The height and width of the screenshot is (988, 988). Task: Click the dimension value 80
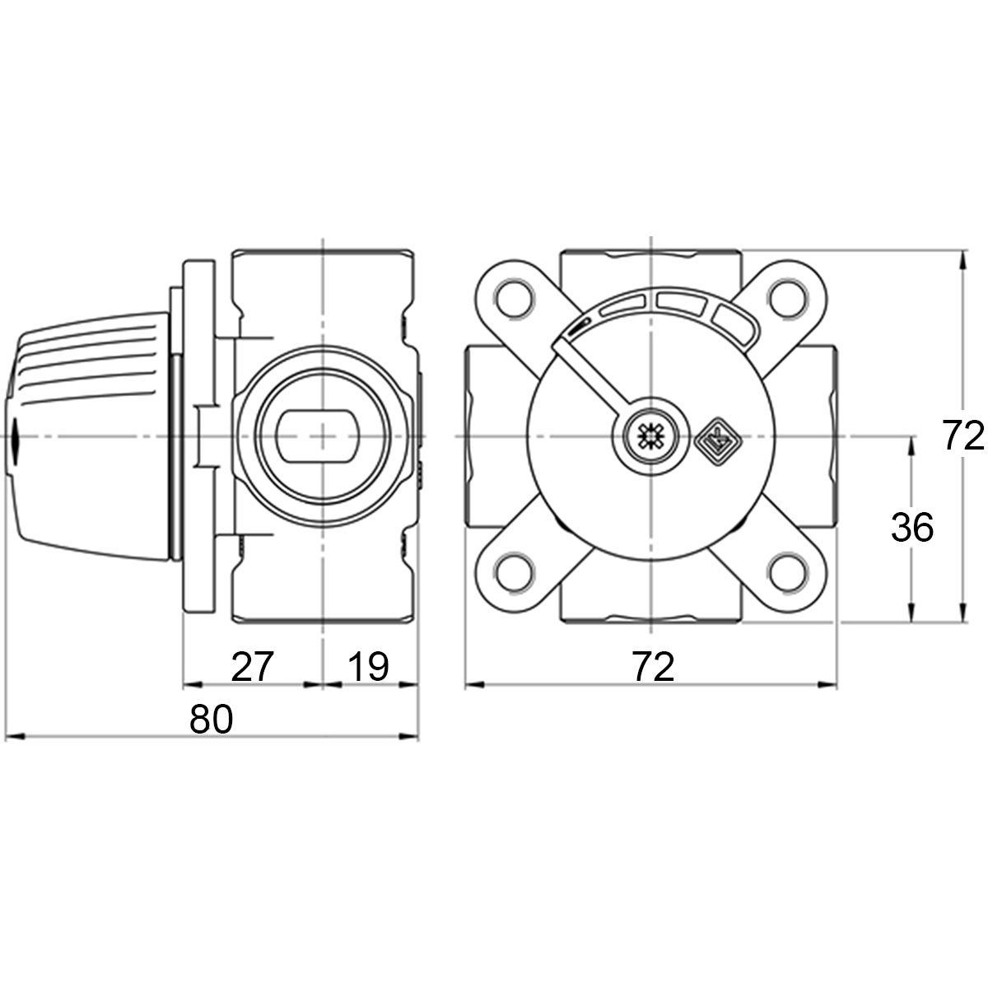pos(212,719)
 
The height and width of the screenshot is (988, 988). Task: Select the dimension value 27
pos(252,666)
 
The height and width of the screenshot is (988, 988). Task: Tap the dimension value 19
pos(368,666)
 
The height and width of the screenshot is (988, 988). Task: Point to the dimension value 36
pos(912,528)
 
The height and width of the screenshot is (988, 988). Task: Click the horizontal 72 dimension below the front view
pos(653,666)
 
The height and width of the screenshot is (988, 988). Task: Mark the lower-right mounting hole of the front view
pos(789,572)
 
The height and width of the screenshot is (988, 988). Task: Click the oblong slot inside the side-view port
pos(322,435)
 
